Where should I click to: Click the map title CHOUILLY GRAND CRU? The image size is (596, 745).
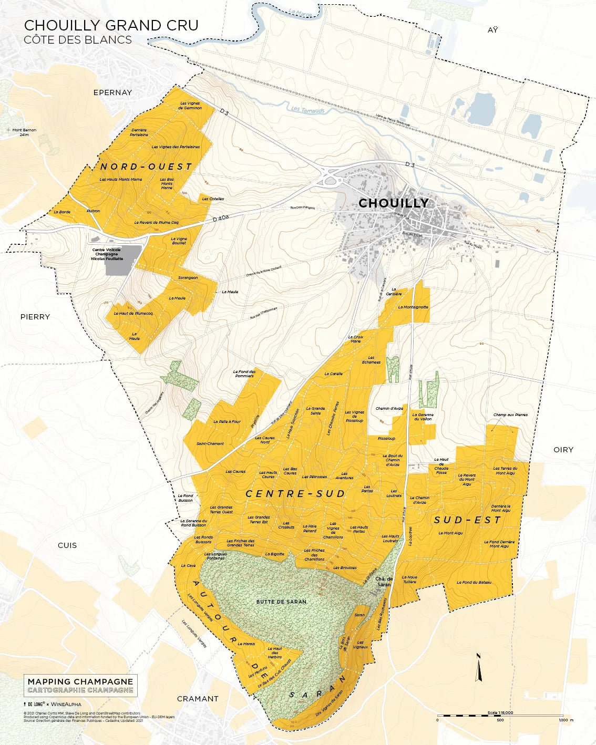click(x=111, y=25)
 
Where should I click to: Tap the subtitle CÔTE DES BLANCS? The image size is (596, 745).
click(x=78, y=40)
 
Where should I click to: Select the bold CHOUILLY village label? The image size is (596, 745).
click(x=393, y=203)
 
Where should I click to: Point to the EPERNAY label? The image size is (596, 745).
click(x=112, y=92)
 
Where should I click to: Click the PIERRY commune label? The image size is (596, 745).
click(x=35, y=317)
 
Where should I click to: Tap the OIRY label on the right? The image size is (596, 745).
click(x=563, y=450)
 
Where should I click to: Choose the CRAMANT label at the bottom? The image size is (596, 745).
click(x=198, y=699)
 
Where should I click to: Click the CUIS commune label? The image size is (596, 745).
click(x=67, y=545)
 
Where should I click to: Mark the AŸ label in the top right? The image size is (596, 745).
click(x=492, y=30)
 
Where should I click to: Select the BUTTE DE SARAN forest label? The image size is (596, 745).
click(x=281, y=602)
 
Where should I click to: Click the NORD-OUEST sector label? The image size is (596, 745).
click(x=146, y=167)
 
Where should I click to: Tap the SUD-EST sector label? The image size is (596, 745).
click(x=467, y=520)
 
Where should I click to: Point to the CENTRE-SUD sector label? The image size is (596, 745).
click(x=295, y=494)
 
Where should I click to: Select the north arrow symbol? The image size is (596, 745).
click(x=479, y=668)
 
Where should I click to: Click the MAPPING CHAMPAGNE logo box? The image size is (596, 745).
click(x=80, y=686)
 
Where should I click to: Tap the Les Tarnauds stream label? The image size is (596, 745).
click(x=307, y=110)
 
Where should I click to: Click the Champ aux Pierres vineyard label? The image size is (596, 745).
click(x=510, y=415)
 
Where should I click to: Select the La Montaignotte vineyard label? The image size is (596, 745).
click(x=413, y=307)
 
